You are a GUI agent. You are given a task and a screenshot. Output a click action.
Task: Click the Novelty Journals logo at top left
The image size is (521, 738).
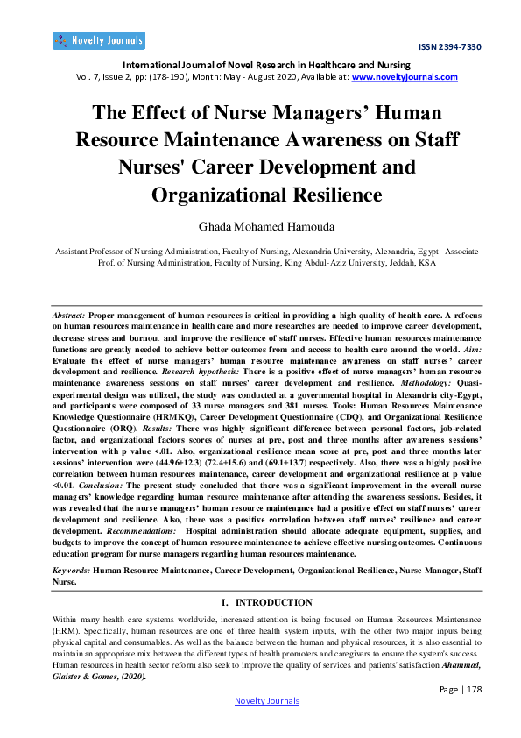click(x=98, y=40)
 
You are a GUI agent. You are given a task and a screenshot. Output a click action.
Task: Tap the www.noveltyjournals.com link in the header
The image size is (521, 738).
click(x=405, y=77)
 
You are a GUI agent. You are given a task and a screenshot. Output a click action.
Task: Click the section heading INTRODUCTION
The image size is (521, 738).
click(x=272, y=602)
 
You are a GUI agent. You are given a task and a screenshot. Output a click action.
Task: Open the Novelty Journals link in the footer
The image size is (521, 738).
click(x=267, y=700)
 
